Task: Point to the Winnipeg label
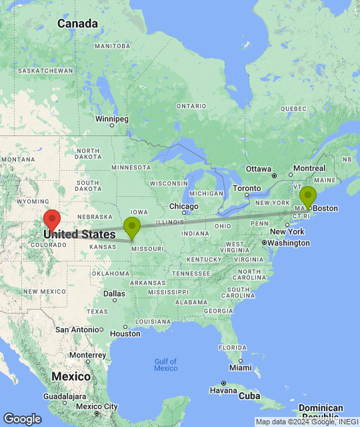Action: pos(111,119)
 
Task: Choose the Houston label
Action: pos(125,334)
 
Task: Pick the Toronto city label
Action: pos(247,189)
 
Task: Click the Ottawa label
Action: pos(258,169)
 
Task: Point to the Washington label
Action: pos(289,243)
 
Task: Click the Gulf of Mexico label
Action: pos(165,364)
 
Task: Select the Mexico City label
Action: pos(96,406)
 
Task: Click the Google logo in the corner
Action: pos(21,418)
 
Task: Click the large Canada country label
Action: pos(77,24)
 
